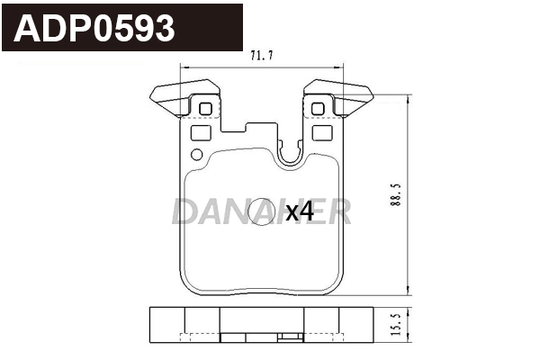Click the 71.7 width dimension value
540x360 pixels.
coord(261,56)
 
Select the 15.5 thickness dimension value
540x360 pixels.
coord(396,324)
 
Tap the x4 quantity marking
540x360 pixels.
coord(299,212)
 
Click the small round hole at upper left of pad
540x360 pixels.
coord(196,153)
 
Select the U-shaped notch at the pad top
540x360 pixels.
coord(291,156)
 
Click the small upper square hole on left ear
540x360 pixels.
coord(203,110)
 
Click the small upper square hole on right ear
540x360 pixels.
coord(317,110)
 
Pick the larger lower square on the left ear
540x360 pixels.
coord(202,131)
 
